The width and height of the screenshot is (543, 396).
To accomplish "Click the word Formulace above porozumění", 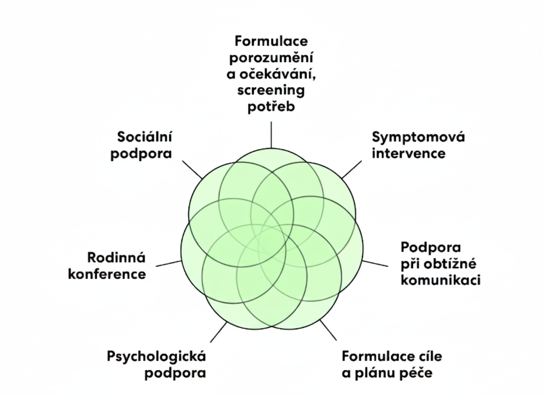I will [x=271, y=41].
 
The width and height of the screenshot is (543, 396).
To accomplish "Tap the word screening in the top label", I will [x=271, y=90].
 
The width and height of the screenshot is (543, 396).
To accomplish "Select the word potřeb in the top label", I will [x=271, y=107].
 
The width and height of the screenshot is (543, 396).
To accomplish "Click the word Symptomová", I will [x=418, y=137].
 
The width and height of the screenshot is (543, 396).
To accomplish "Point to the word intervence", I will [x=408, y=153].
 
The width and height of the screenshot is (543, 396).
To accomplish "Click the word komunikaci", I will [x=440, y=280].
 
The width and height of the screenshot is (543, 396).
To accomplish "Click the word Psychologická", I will [x=156, y=356].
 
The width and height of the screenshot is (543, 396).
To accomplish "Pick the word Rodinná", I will [x=116, y=258].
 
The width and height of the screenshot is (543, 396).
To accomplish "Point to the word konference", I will [x=107, y=274].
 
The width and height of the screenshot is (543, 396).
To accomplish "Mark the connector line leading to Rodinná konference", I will [x=169, y=263].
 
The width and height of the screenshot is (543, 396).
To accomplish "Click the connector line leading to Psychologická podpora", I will [x=219, y=332].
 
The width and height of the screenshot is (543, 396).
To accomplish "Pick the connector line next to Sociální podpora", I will [x=192, y=169].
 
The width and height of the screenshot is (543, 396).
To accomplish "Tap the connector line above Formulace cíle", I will [x=328, y=330].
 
